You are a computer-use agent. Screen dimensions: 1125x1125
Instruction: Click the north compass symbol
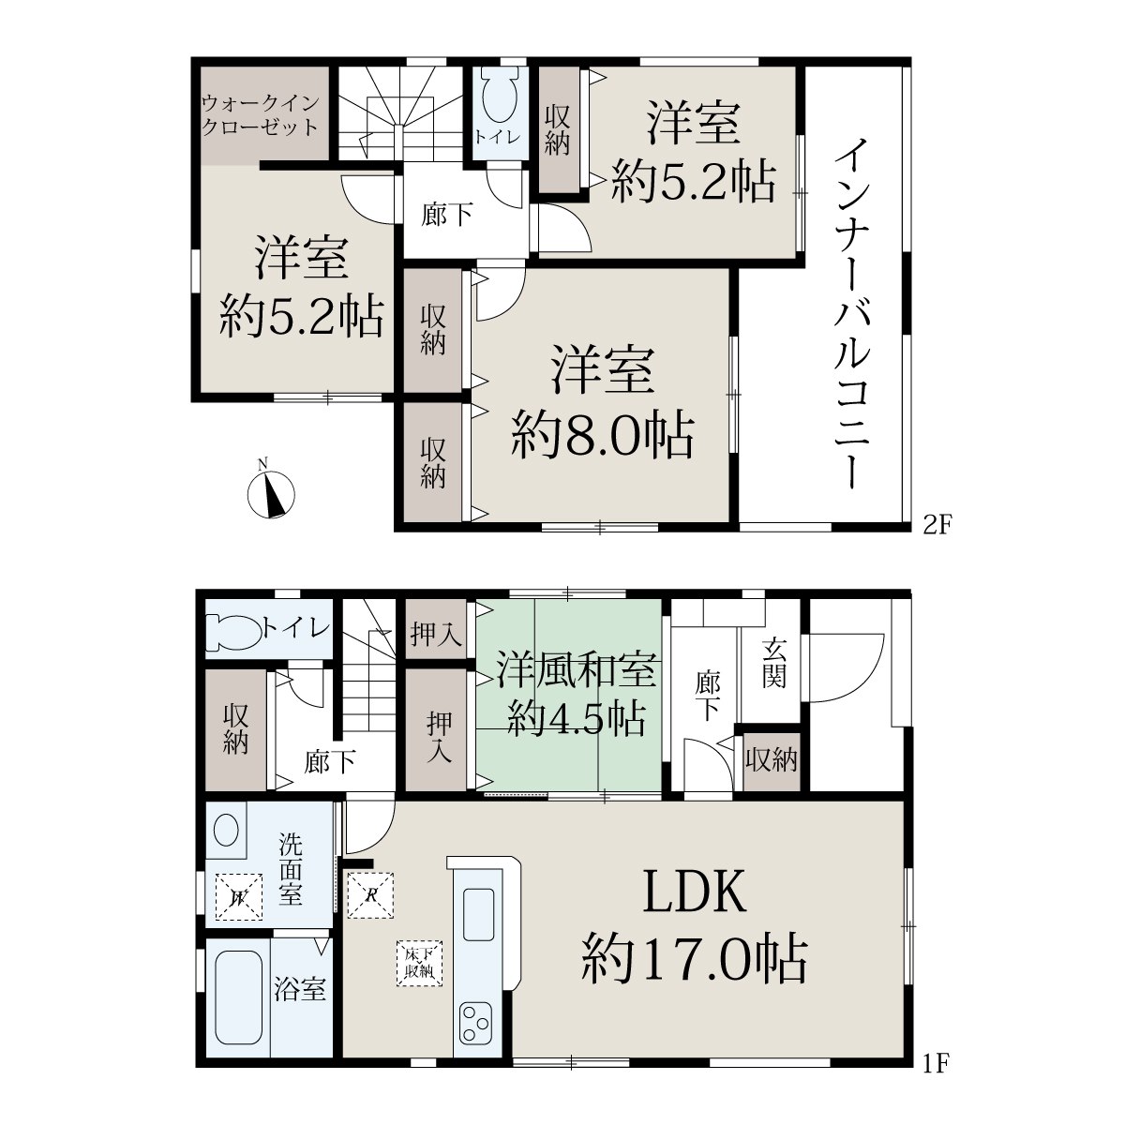270,493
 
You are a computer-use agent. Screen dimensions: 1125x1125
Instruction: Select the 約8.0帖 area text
603,436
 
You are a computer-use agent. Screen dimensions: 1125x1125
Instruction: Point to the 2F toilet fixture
498,97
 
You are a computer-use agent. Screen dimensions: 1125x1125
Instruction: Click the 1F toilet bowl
234,632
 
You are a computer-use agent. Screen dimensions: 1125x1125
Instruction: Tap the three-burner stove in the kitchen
476,1022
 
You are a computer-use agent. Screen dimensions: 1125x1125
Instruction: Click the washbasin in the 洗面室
227,830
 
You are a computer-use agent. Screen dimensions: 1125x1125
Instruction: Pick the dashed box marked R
370,895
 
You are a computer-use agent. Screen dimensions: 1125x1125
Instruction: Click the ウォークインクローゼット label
261,115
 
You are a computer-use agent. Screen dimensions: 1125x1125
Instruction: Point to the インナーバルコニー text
852,313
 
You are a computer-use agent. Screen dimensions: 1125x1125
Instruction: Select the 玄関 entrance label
773,664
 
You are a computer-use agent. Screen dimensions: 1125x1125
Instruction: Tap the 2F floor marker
937,527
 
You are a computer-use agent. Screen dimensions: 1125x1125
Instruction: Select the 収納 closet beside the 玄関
771,759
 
